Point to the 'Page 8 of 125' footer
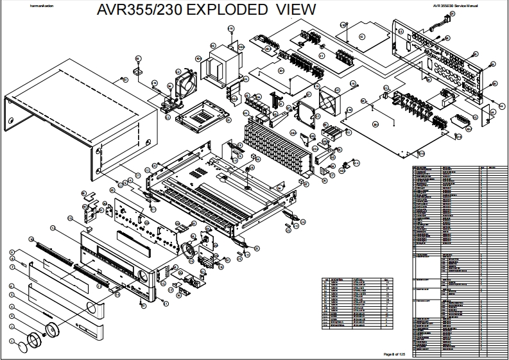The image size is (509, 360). click(x=395, y=354)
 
